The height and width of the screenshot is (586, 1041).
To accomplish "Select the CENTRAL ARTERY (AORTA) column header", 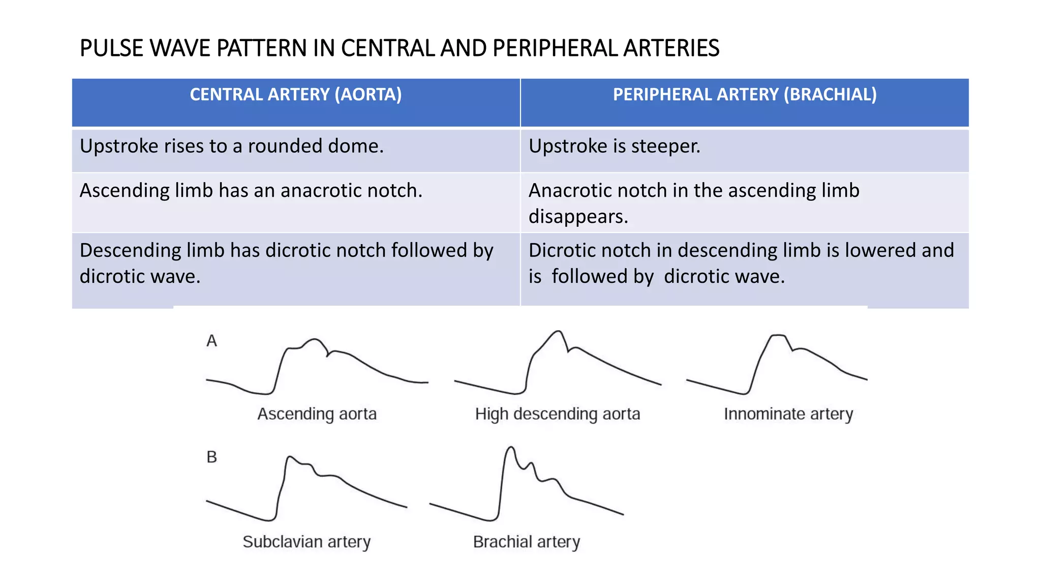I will [x=296, y=95].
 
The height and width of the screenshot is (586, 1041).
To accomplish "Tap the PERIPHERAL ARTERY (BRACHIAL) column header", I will [x=745, y=95].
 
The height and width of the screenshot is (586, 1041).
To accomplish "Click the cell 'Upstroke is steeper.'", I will [x=615, y=146].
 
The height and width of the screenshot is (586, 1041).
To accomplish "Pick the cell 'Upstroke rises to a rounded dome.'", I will [x=232, y=146].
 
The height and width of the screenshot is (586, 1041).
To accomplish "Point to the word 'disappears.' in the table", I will [x=578, y=217].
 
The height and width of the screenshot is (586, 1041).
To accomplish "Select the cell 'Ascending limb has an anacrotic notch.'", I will [x=251, y=191].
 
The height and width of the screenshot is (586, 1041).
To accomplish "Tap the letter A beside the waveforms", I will [x=211, y=341].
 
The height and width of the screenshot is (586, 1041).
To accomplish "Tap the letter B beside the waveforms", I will [x=211, y=457].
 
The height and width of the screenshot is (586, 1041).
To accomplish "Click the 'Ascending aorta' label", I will [x=317, y=414].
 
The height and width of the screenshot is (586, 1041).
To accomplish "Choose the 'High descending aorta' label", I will [x=558, y=414].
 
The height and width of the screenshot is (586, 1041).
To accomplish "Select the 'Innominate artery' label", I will [x=788, y=414].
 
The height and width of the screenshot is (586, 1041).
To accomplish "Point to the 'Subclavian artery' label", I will [x=307, y=542].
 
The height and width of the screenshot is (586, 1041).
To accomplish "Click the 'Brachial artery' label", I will [x=527, y=542].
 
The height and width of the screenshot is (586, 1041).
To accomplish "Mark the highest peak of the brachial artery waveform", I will [x=511, y=448].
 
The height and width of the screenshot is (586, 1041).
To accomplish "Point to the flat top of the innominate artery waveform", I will [x=778, y=336].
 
